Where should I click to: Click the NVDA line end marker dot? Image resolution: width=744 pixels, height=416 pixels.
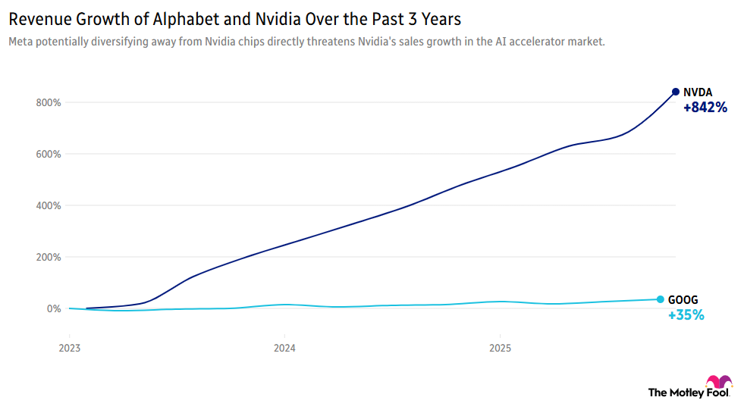point(675,92)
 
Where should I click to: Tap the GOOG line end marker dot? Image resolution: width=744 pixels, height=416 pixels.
point(660,299)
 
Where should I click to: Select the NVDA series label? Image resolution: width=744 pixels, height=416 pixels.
point(698,92)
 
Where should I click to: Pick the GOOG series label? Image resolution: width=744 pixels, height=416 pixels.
point(683,299)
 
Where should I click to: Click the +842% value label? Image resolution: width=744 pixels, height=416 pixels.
point(705,108)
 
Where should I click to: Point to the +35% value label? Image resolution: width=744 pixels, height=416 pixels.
point(686,315)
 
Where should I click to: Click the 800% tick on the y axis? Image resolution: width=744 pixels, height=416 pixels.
point(48,102)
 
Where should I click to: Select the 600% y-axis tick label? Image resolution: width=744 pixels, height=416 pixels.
point(48,154)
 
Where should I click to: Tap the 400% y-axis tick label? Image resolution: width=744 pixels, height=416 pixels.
point(48,205)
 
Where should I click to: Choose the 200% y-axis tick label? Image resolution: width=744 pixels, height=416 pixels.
point(48,257)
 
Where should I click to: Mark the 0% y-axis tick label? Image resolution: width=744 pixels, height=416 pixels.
point(53,308)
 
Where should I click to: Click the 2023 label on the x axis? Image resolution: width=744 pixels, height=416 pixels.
point(69,349)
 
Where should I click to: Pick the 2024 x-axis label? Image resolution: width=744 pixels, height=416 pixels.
point(284,349)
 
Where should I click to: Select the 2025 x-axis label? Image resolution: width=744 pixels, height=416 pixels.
point(499,349)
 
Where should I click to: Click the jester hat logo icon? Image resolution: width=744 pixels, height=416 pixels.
point(719,381)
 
